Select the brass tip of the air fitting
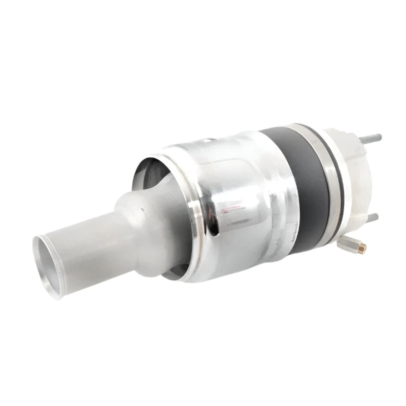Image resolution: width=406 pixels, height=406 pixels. pyautogui.click(x=362, y=248)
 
